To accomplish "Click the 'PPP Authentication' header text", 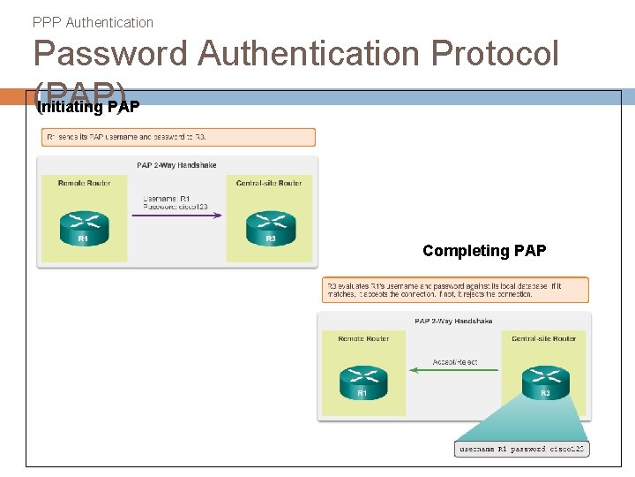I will tap(93, 22).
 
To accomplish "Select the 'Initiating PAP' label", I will tap(88, 108).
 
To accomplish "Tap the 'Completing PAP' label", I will tap(484, 251).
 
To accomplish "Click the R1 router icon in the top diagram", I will tap(84, 227).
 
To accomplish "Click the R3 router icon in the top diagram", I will tap(271, 227).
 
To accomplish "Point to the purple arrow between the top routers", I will tap(176, 213).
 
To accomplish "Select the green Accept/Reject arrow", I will tap(455, 370).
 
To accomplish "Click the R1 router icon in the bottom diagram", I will tap(363, 382).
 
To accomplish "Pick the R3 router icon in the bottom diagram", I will tap(545, 382).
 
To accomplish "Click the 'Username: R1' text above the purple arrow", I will tap(166, 198).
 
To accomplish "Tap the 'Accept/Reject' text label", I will tap(455, 362).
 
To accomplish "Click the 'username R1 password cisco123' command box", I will tap(521, 450).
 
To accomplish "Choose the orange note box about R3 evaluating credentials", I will tap(455, 290).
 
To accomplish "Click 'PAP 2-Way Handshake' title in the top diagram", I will tap(176, 165).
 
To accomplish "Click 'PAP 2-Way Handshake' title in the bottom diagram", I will tap(453, 322).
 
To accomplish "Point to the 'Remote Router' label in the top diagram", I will tap(85, 183).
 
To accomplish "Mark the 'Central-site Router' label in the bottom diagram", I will tap(543, 338).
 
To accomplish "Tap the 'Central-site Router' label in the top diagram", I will tap(269, 183).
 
